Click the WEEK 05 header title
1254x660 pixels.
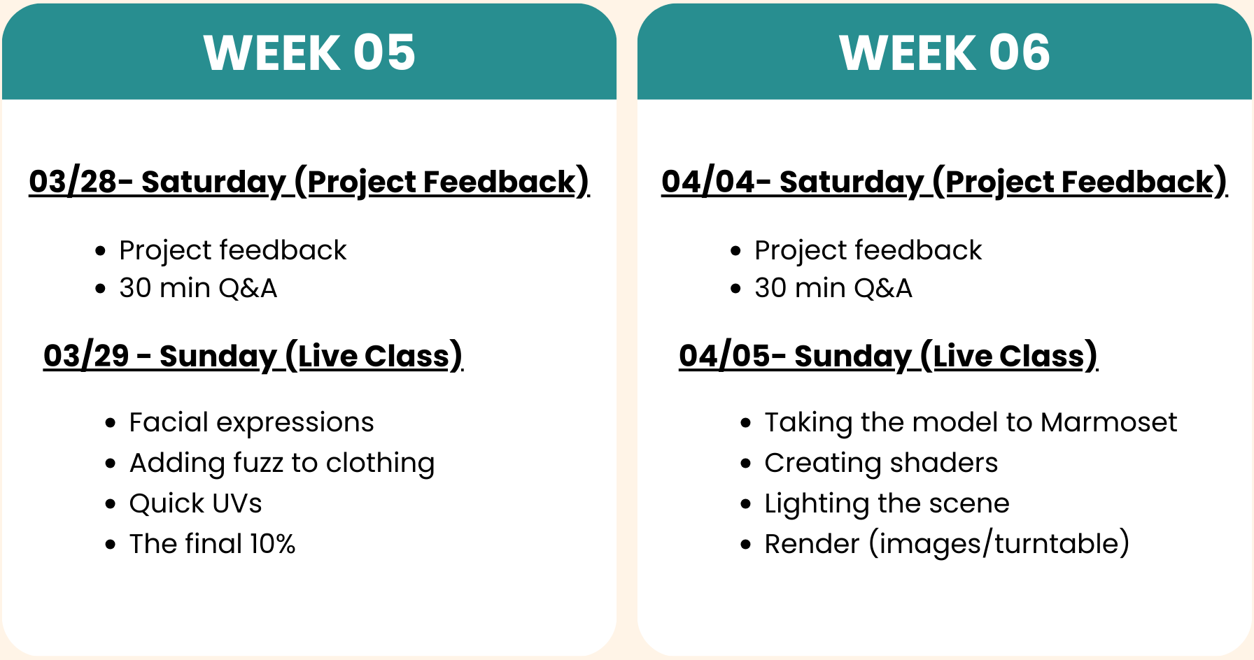(309, 52)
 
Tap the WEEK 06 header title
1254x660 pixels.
(945, 52)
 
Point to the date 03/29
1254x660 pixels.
(87, 356)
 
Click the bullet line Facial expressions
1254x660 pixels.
(252, 423)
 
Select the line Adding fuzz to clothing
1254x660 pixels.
(282, 464)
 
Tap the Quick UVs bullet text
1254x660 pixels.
(196, 503)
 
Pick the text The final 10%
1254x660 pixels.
(213, 544)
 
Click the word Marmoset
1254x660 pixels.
(1109, 422)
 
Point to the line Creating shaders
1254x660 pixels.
(881, 463)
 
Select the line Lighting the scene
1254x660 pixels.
(887, 503)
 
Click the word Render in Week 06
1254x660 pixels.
(812, 544)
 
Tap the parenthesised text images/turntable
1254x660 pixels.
(999, 544)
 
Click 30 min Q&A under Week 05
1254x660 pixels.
(198, 288)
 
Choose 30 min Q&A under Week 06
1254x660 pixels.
(833, 288)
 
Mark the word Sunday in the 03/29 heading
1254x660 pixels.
(218, 357)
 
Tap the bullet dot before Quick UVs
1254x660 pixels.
(111, 504)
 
